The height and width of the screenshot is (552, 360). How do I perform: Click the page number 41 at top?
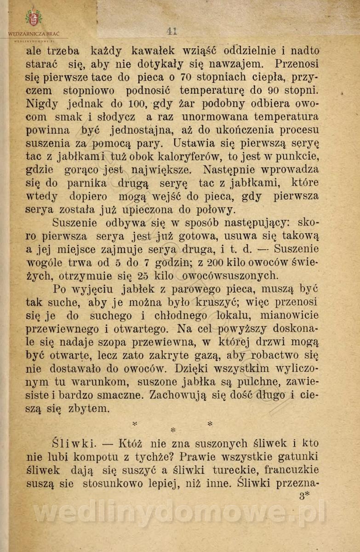pyautogui.click(x=172, y=31)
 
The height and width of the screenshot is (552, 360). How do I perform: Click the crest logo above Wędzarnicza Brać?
pyautogui.click(x=34, y=18)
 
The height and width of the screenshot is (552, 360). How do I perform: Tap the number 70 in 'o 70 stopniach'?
pyautogui.click(x=186, y=77)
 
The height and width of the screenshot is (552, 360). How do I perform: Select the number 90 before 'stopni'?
pyautogui.click(x=279, y=90)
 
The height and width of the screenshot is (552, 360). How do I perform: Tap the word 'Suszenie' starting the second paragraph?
pyautogui.click(x=74, y=223)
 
